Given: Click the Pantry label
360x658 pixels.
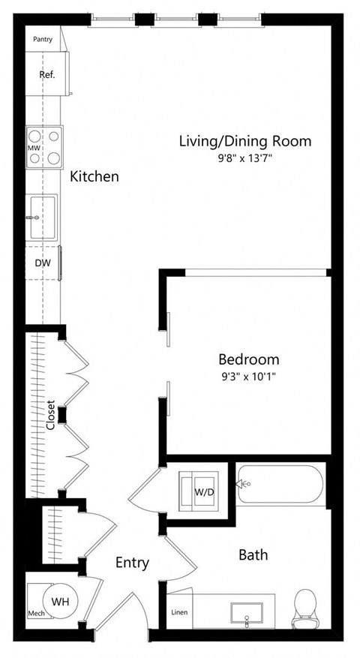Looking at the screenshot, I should pyautogui.click(x=43, y=39).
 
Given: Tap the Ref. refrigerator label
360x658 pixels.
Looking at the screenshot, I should pyautogui.click(x=46, y=74).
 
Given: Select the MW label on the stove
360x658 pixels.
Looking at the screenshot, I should pyautogui.click(x=33, y=149).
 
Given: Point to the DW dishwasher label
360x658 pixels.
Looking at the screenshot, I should pyautogui.click(x=42, y=263).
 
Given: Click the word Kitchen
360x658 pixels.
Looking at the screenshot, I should pyautogui.click(x=94, y=177).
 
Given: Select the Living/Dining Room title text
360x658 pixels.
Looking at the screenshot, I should pyautogui.click(x=244, y=140).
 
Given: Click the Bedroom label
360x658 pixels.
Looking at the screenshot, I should pyautogui.click(x=248, y=359).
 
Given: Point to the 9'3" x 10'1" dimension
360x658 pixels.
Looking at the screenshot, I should pyautogui.click(x=248, y=377).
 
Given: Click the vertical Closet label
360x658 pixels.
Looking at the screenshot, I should pyautogui.click(x=50, y=415).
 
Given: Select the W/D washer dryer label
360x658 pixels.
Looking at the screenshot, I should pyautogui.click(x=204, y=492).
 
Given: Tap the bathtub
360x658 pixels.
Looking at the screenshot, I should pyautogui.click(x=281, y=485).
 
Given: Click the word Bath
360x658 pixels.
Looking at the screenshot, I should pyautogui.click(x=253, y=555).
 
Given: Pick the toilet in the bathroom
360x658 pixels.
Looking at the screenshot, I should pyautogui.click(x=305, y=608).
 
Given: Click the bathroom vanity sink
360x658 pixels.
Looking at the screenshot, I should pyautogui.click(x=247, y=611).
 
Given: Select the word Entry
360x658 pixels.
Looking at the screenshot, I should pyautogui.click(x=132, y=563).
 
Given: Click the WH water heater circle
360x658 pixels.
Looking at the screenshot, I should pyautogui.click(x=59, y=600).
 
